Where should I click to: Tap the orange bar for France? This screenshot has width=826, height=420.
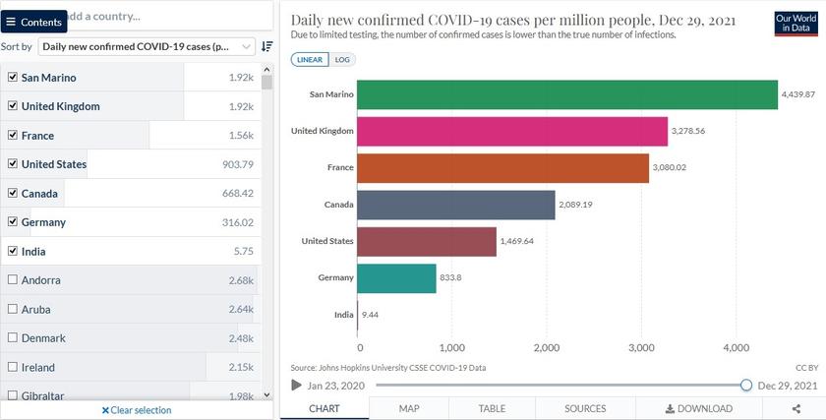tap(502, 168)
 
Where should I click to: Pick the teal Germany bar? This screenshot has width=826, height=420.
tap(396, 277)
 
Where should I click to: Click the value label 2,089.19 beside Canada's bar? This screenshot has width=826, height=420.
tap(577, 205)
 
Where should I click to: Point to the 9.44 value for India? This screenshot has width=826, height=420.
tap(371, 315)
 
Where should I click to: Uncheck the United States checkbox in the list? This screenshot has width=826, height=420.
tap(13, 164)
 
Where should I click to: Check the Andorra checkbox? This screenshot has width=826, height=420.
tap(13, 280)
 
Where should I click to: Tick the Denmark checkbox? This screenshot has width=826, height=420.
tap(13, 338)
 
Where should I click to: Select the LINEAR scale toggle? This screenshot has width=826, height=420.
tap(311, 59)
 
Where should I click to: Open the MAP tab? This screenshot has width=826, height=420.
tap(409, 408)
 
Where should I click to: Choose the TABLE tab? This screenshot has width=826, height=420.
tap(492, 408)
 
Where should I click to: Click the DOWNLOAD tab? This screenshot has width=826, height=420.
tap(699, 408)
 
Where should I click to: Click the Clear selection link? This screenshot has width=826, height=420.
tap(137, 410)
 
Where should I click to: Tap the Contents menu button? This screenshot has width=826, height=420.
tap(34, 22)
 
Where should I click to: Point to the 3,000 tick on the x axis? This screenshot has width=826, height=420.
tap(641, 347)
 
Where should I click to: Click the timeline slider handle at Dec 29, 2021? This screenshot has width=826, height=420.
tap(746, 385)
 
